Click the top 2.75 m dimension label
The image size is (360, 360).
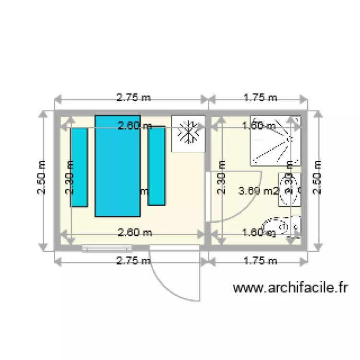pyautogui.click(x=133, y=97)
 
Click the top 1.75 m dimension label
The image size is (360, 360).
pyautogui.click(x=260, y=97)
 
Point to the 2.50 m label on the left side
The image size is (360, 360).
pyautogui.click(x=42, y=177)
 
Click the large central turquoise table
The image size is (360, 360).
pyautogui.click(x=118, y=166)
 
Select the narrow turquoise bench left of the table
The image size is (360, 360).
pyautogui.click(x=79, y=167)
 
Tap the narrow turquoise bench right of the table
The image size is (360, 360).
pyautogui.click(x=156, y=166)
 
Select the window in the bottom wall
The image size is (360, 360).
pyautogui.click(x=106, y=248)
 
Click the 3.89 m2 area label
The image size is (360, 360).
pyautogui.click(x=258, y=191)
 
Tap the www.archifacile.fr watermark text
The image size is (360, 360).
pyautogui.click(x=290, y=288)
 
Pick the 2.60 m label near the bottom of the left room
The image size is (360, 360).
pyautogui.click(x=135, y=233)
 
